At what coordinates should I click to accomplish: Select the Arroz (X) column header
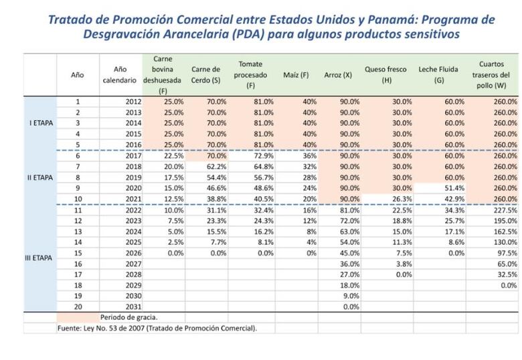tap(338, 74)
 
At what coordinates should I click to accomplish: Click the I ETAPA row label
tap(42, 123)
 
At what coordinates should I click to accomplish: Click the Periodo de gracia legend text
tap(128, 317)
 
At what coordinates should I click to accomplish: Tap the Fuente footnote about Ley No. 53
tap(157, 328)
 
